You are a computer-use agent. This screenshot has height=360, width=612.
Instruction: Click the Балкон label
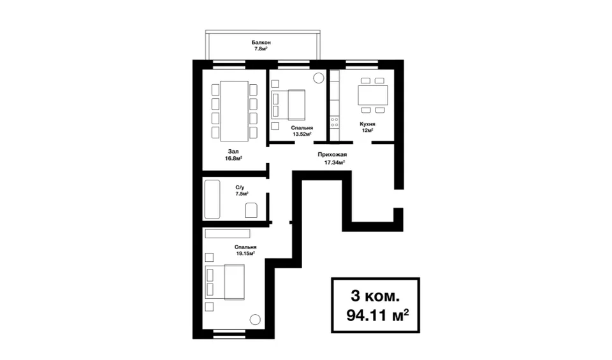coord(261,42)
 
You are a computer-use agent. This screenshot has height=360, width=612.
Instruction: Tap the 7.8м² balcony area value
coord(261,49)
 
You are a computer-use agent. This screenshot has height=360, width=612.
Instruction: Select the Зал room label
coord(233,152)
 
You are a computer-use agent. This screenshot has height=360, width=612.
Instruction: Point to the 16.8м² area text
coord(233,159)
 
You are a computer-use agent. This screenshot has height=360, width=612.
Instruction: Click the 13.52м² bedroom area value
coord(302,134)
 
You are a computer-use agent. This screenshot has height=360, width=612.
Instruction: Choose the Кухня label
coord(367,124)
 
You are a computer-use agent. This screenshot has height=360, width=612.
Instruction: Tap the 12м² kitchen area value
coord(367,130)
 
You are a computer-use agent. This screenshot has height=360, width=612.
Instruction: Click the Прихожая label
coord(332,155)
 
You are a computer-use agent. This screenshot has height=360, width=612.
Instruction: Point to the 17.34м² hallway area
coord(335,162)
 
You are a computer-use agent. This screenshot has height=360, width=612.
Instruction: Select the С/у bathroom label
coord(240,187)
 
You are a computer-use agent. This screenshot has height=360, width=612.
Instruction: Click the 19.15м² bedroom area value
coord(245,253)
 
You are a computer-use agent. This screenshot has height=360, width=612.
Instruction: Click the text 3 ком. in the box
coord(375,296)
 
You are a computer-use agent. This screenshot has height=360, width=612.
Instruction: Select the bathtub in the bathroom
coord(212,199)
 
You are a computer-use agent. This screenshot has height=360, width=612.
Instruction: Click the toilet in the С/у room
coord(251,210)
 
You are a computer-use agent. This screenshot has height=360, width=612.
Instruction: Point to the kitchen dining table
coord(373,95)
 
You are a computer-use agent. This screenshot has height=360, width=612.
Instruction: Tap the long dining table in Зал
coord(234,111)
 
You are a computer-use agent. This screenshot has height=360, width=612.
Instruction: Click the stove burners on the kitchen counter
coord(335,122)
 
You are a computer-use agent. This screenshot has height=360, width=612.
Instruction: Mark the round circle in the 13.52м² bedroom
coord(319,78)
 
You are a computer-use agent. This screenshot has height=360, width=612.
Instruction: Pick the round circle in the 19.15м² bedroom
coord(255,320)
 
